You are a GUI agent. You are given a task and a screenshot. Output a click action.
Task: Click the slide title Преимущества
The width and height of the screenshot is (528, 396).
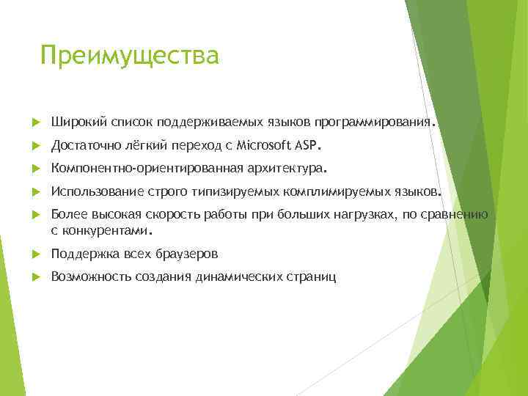[x=130, y=56]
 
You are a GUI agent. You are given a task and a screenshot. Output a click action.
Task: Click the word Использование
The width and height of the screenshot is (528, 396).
[x=91, y=193]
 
